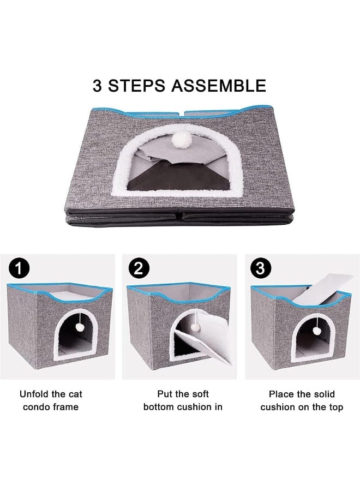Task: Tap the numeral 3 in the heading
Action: point(99,85)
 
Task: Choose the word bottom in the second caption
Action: point(159,407)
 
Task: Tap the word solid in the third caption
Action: point(323,394)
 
